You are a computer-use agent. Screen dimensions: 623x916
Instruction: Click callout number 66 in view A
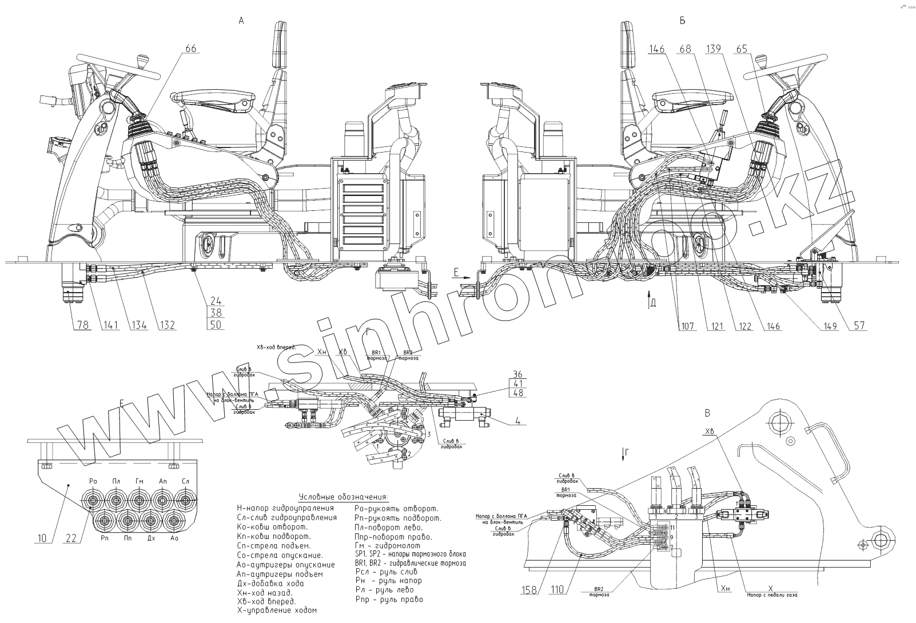pyautogui.click(x=190, y=49)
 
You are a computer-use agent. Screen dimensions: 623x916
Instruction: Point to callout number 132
pyautogui.click(x=167, y=326)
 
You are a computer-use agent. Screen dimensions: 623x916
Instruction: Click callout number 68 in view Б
pyautogui.click(x=685, y=49)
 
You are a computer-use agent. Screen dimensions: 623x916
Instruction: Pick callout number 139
pyautogui.click(x=714, y=49)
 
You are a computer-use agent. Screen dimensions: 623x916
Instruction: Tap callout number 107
pyautogui.click(x=687, y=326)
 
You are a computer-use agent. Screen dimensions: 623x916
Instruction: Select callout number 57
pyautogui.click(x=859, y=326)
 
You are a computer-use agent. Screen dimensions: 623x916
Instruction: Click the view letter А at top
pyautogui.click(x=241, y=21)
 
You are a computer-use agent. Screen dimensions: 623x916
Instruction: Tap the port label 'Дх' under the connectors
pyautogui.click(x=151, y=538)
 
